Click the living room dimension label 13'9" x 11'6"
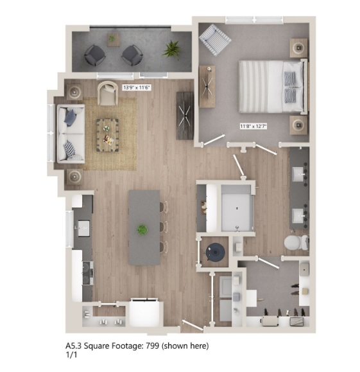click(x=137, y=87)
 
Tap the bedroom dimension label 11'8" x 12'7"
click(x=253, y=126)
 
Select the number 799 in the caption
click(x=152, y=346)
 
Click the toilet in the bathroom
click(x=296, y=242)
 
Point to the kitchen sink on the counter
click(x=83, y=228)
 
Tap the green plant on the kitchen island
click(x=142, y=229)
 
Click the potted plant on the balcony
click(x=172, y=50)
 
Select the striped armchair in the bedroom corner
click(x=215, y=40)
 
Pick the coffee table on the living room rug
click(x=107, y=135)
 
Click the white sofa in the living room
click(x=71, y=134)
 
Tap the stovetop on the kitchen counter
click(x=88, y=273)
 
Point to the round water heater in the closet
click(x=215, y=251)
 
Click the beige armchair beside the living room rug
click(x=108, y=93)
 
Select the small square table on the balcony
click(x=113, y=39)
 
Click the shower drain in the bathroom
click(x=237, y=208)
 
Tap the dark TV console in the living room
click(x=185, y=116)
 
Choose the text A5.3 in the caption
click(x=73, y=346)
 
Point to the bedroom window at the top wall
click(x=254, y=20)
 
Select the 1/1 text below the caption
click(x=71, y=355)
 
